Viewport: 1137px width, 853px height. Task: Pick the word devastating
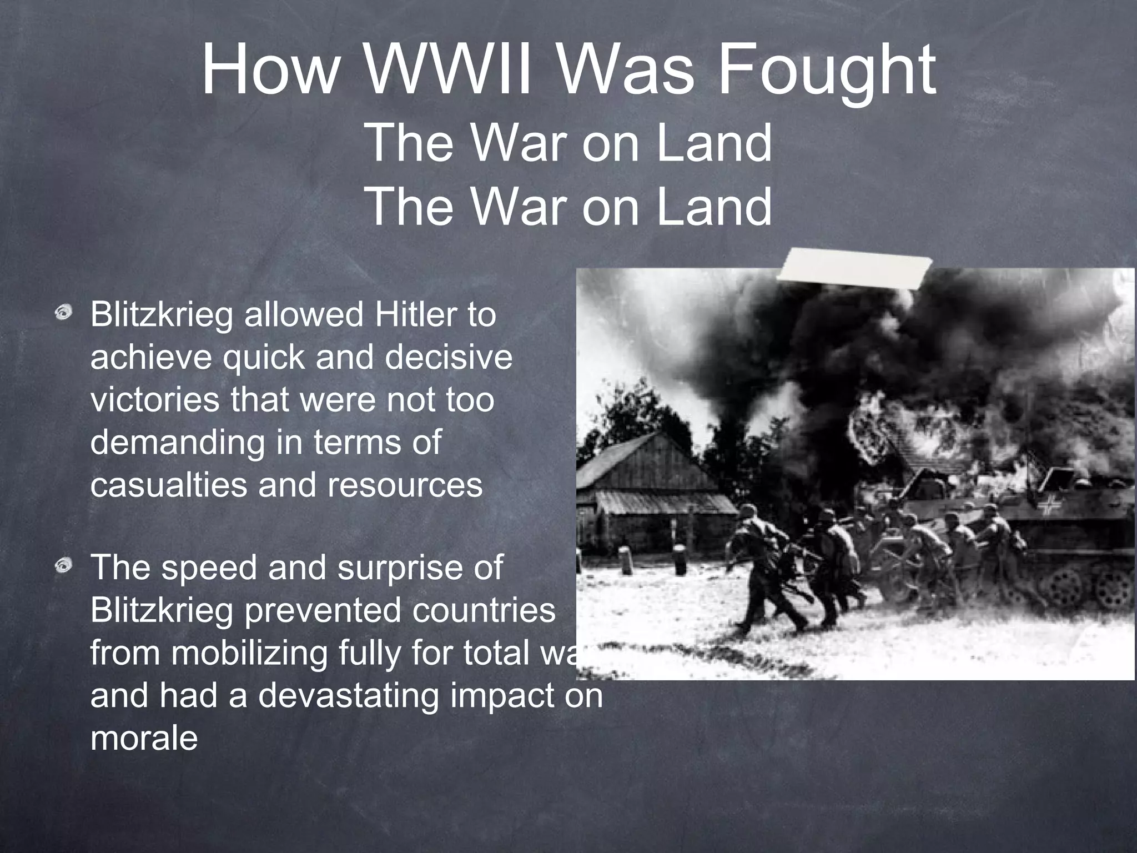point(348,695)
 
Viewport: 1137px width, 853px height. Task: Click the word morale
point(144,738)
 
